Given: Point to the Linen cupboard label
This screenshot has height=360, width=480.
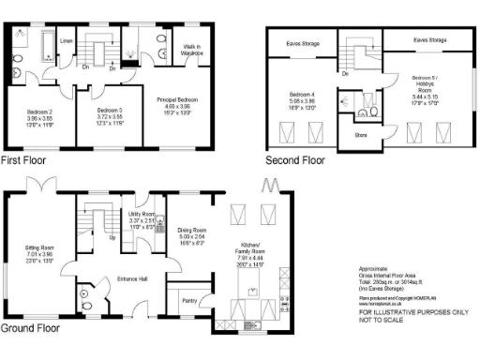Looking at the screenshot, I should [66, 41].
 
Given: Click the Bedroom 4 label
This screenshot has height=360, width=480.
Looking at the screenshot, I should [302, 96].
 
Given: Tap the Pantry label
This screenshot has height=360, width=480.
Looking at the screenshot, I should [189, 301].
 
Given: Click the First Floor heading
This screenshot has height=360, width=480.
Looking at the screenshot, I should [23, 160].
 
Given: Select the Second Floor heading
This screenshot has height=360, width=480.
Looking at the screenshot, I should [295, 160].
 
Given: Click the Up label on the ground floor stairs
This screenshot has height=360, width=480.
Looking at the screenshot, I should [113, 237].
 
